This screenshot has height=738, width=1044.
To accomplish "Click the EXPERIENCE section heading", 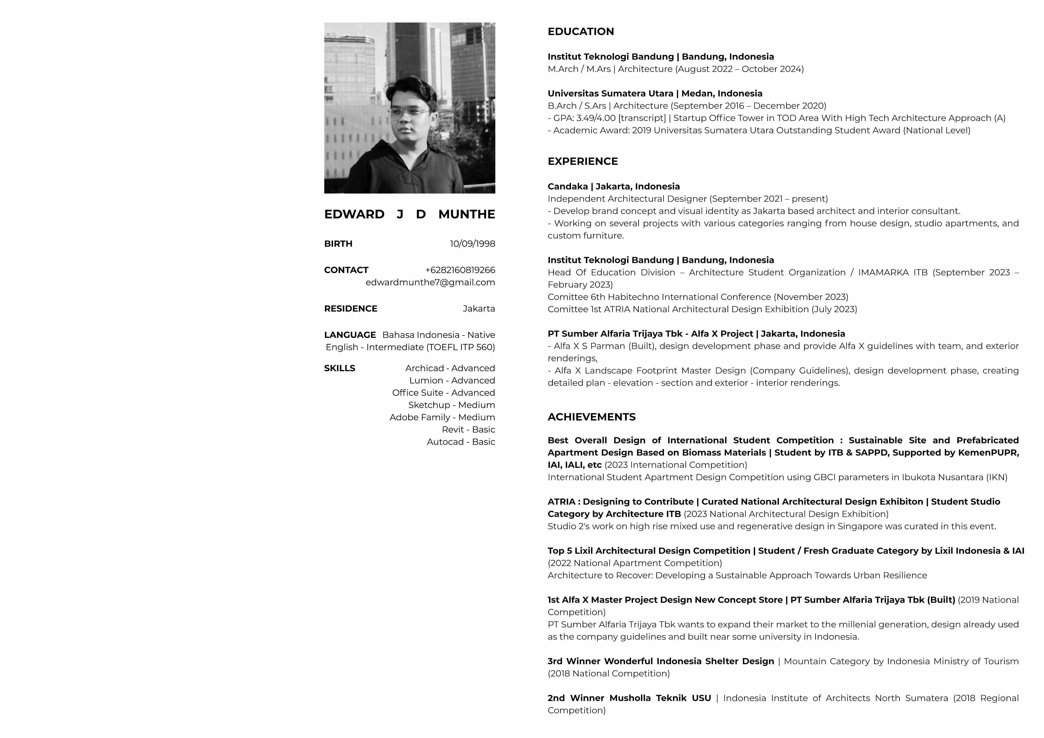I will tap(583, 161).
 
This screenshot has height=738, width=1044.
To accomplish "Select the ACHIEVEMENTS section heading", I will tap(591, 417).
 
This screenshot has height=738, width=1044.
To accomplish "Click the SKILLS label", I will tap(339, 368).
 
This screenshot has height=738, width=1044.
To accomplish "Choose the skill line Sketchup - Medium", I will tap(451, 405).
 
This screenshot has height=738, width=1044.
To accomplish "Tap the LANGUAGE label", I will tap(350, 335).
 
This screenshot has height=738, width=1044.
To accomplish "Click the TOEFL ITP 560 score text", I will tap(460, 347).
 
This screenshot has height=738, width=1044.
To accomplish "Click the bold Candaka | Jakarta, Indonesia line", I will tap(613, 186).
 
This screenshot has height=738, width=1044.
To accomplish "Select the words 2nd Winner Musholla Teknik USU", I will tap(629, 698).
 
